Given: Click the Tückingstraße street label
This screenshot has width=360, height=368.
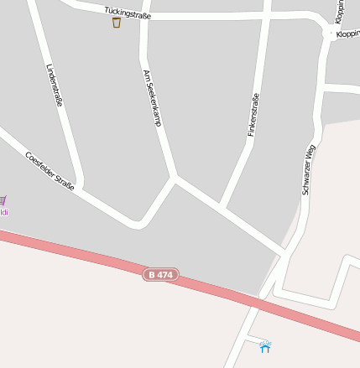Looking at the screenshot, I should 128,14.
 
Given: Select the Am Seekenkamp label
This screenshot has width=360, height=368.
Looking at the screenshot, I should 152,97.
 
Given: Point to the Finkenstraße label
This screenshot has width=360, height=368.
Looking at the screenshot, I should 253,115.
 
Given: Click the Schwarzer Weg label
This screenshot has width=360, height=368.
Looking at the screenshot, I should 308,169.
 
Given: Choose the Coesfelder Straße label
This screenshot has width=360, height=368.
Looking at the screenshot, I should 50,170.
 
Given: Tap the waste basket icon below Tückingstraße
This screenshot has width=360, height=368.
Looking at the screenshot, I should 116,23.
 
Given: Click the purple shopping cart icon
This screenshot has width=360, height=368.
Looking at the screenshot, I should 3,200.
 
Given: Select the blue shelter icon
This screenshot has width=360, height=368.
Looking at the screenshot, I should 265,345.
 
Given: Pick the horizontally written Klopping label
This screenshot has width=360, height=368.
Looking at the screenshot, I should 347,34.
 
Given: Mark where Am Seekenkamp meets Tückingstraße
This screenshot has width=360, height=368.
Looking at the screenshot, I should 144,17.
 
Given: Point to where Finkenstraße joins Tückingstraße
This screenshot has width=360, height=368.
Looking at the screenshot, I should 267,15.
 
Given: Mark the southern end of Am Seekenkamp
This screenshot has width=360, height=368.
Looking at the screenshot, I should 175,177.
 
